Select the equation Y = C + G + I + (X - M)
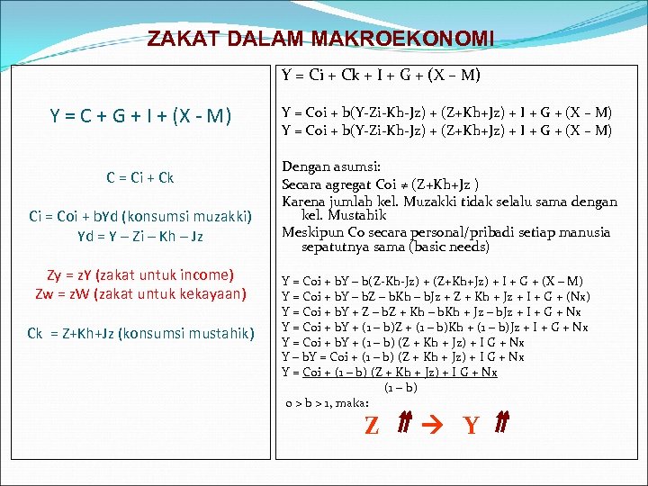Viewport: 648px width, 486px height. [x=141, y=117]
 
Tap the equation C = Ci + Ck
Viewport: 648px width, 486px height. [x=139, y=177]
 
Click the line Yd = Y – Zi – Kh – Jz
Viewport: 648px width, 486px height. [x=140, y=236]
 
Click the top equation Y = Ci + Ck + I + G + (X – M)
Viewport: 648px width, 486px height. [x=381, y=75]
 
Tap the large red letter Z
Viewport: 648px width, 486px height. [x=372, y=426]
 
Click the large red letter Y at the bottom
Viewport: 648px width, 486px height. [x=470, y=426]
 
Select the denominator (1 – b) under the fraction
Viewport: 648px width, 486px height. [x=400, y=388]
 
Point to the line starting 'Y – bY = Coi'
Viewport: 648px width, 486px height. [x=389, y=357]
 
